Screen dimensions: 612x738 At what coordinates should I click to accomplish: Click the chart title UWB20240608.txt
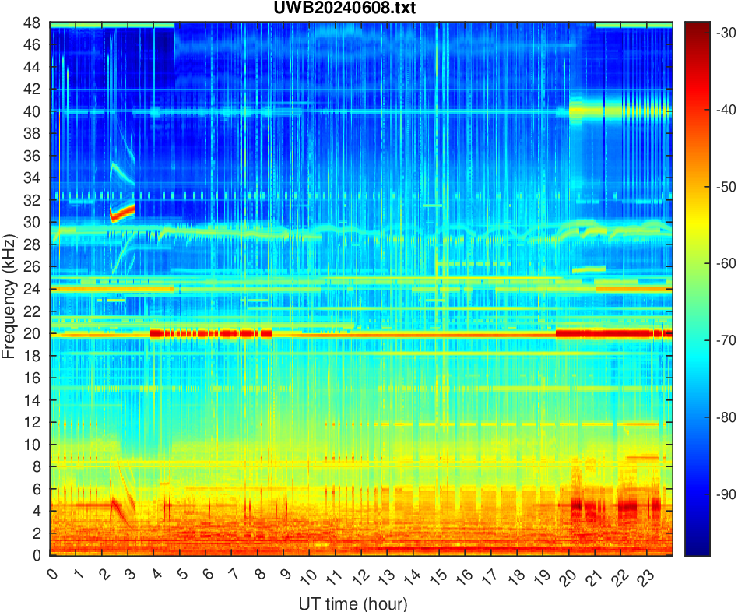click(361, 9)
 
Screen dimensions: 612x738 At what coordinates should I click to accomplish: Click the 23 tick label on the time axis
click(644, 577)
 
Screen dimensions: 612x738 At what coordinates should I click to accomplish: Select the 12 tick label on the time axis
click(359, 577)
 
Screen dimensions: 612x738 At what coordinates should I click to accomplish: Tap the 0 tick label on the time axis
click(51, 575)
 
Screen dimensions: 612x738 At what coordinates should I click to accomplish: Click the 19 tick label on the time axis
click(540, 577)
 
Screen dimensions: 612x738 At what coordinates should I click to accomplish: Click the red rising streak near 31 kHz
click(123, 211)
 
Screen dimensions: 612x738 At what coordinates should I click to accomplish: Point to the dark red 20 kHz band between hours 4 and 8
click(210, 333)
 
